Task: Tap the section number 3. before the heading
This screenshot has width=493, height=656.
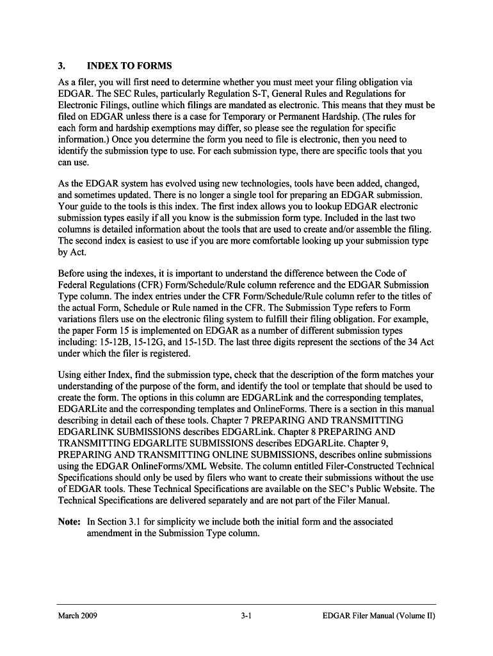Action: tap(61, 66)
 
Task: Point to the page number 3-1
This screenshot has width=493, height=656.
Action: tap(246, 616)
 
